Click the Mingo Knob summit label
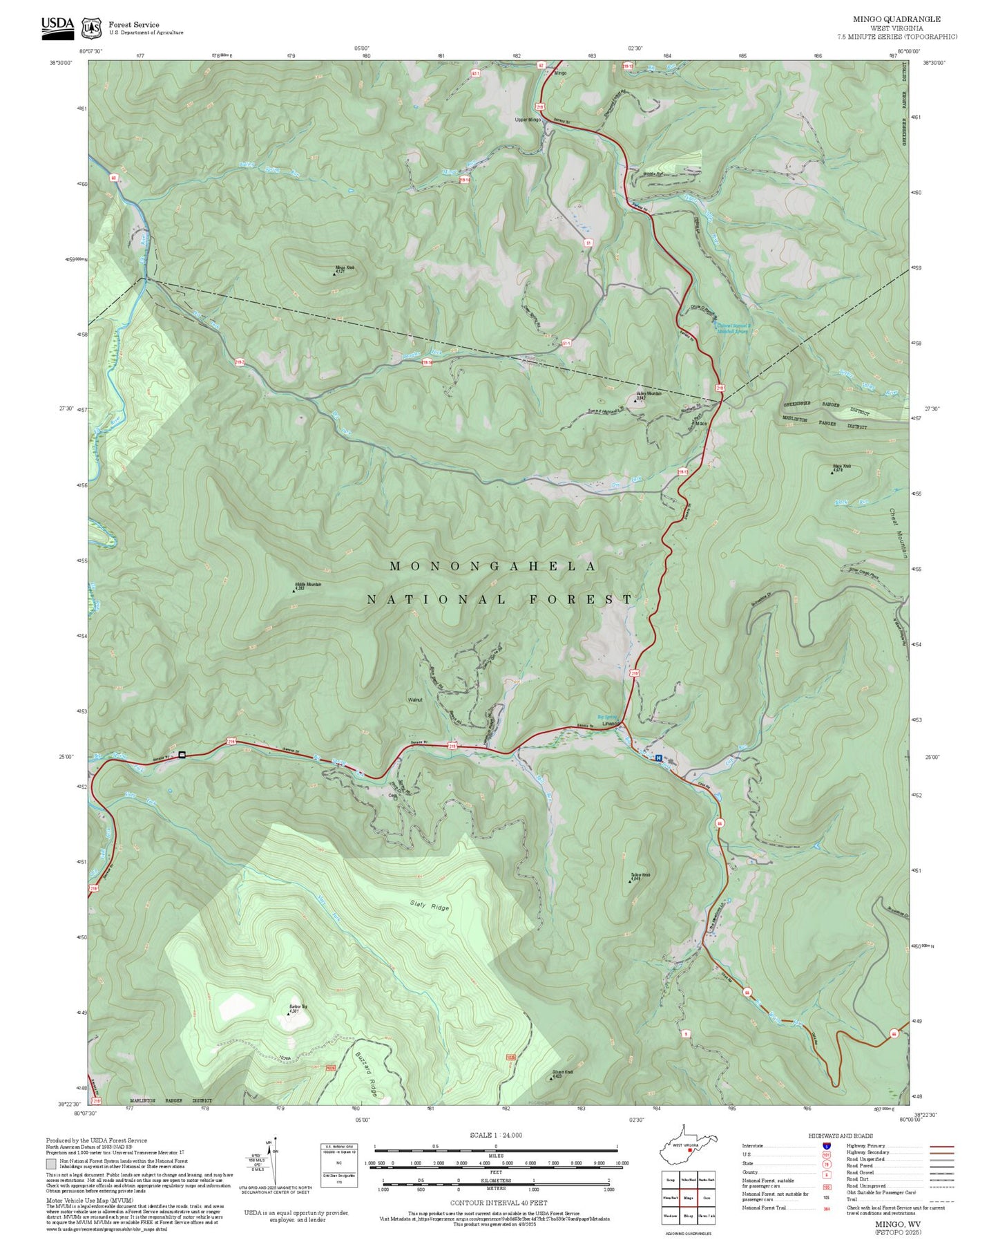click(344, 269)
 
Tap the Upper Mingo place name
click(528, 120)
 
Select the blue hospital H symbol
click(658, 758)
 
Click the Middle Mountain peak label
click(307, 585)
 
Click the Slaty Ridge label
click(429, 905)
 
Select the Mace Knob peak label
click(841, 467)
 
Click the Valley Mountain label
click(648, 395)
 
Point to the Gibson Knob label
click(562, 1073)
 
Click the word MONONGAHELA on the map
click(493, 566)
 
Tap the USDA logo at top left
click(57, 26)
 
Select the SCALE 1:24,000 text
click(495, 1135)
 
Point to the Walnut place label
click(414, 699)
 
